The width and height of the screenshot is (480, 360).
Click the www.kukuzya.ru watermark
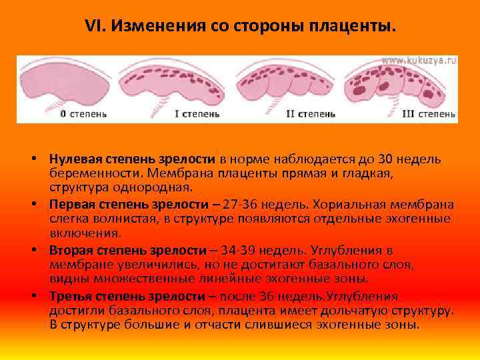(419, 60)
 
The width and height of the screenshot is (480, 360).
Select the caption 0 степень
(83, 114)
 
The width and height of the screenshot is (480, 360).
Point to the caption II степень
(310, 114)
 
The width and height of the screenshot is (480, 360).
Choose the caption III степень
(429, 114)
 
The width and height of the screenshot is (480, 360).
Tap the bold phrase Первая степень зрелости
(127, 204)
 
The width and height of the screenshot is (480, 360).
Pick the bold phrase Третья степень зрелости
(127, 296)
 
